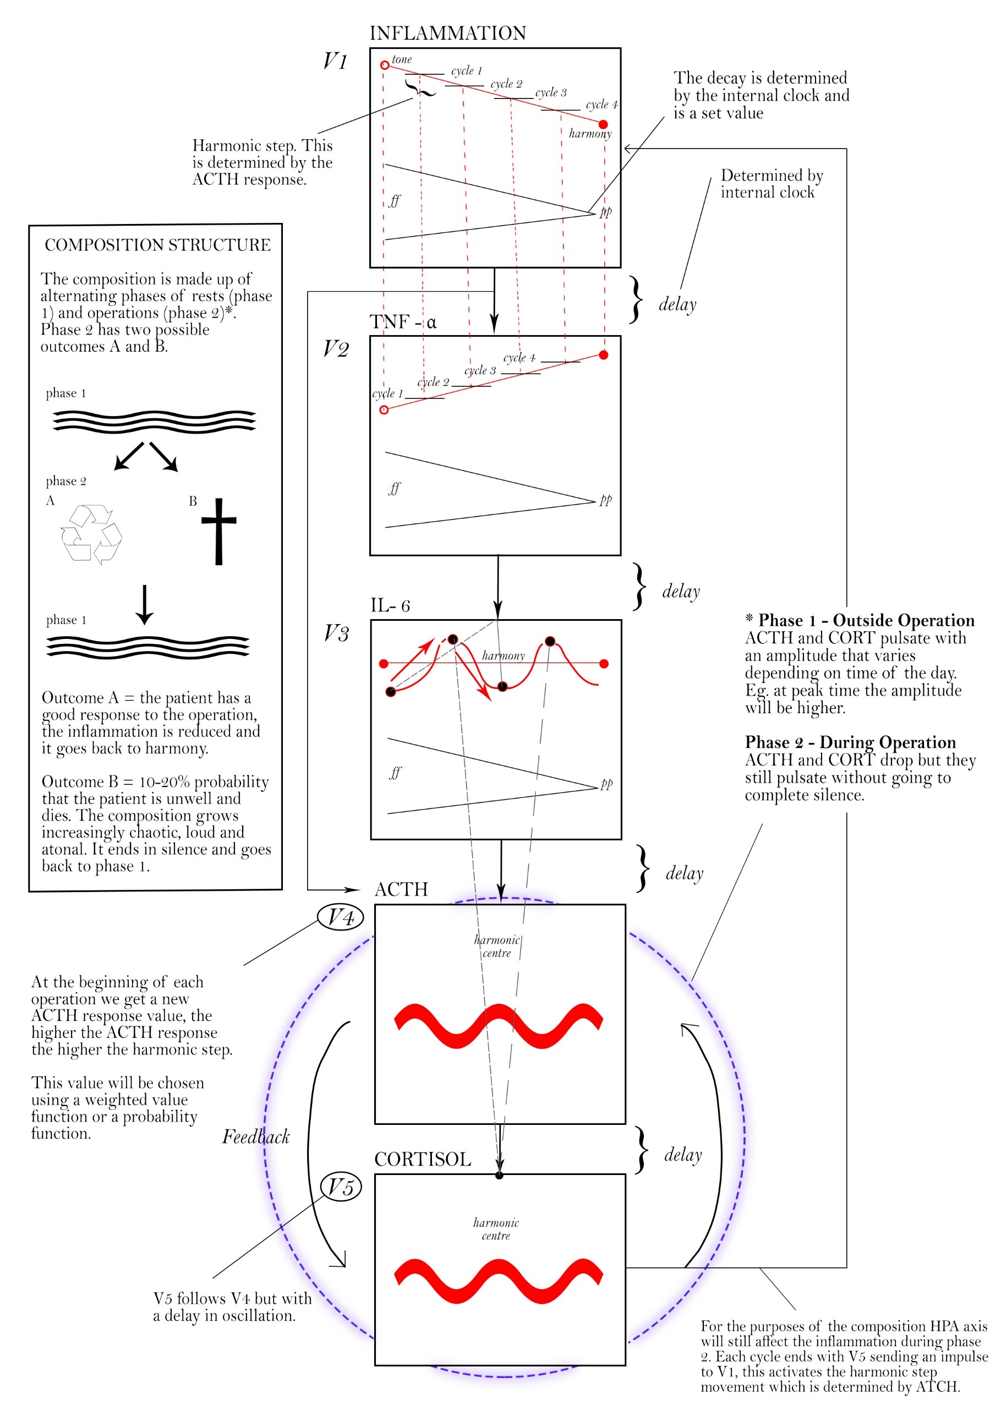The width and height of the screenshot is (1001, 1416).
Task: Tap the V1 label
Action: [336, 61]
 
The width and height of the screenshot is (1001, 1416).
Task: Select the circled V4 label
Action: [341, 916]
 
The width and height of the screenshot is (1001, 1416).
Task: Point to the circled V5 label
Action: [341, 1187]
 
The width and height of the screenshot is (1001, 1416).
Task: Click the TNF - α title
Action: [403, 322]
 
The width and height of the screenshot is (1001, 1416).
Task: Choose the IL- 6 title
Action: [390, 605]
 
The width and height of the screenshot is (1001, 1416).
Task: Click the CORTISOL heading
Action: [423, 1159]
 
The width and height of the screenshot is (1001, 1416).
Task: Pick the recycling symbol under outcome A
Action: [91, 533]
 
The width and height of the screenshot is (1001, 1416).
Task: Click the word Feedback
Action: [256, 1136]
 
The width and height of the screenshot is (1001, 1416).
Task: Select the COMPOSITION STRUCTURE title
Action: [157, 245]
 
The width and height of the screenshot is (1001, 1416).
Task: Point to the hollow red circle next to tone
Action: [384, 65]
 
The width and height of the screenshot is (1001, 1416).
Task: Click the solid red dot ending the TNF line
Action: [603, 354]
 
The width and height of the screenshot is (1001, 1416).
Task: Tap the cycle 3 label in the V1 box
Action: [551, 92]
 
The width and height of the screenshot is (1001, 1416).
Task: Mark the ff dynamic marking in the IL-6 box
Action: [395, 773]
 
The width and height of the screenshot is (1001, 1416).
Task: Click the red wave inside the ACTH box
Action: [499, 1025]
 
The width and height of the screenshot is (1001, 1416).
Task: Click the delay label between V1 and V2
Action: [677, 304]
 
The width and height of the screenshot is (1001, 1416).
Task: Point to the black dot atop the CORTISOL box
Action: [499, 1175]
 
